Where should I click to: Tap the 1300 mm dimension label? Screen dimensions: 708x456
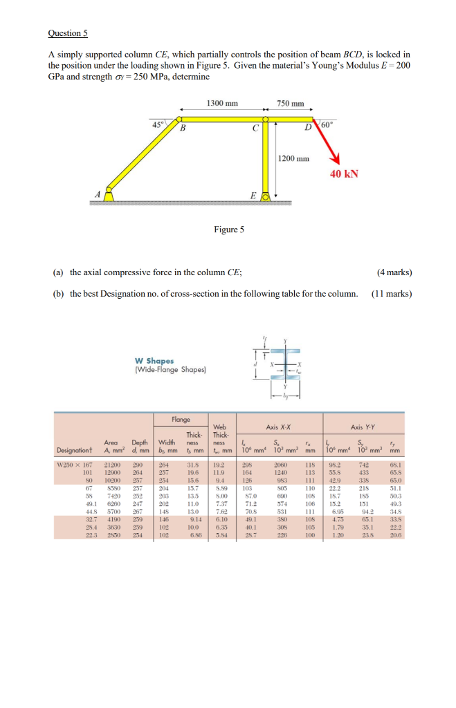(222, 103)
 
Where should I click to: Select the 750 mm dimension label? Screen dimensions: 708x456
(291, 104)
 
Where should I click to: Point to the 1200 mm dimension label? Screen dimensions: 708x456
(293, 158)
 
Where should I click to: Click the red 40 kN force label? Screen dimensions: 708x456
(344, 174)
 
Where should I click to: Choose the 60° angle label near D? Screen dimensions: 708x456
(328, 124)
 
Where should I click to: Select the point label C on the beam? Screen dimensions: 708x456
(255, 128)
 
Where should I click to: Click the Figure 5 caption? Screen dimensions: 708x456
(230, 230)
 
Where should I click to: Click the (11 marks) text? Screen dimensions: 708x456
(391, 293)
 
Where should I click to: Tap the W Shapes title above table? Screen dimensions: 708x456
(154, 360)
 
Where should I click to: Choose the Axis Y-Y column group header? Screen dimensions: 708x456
(366, 427)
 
